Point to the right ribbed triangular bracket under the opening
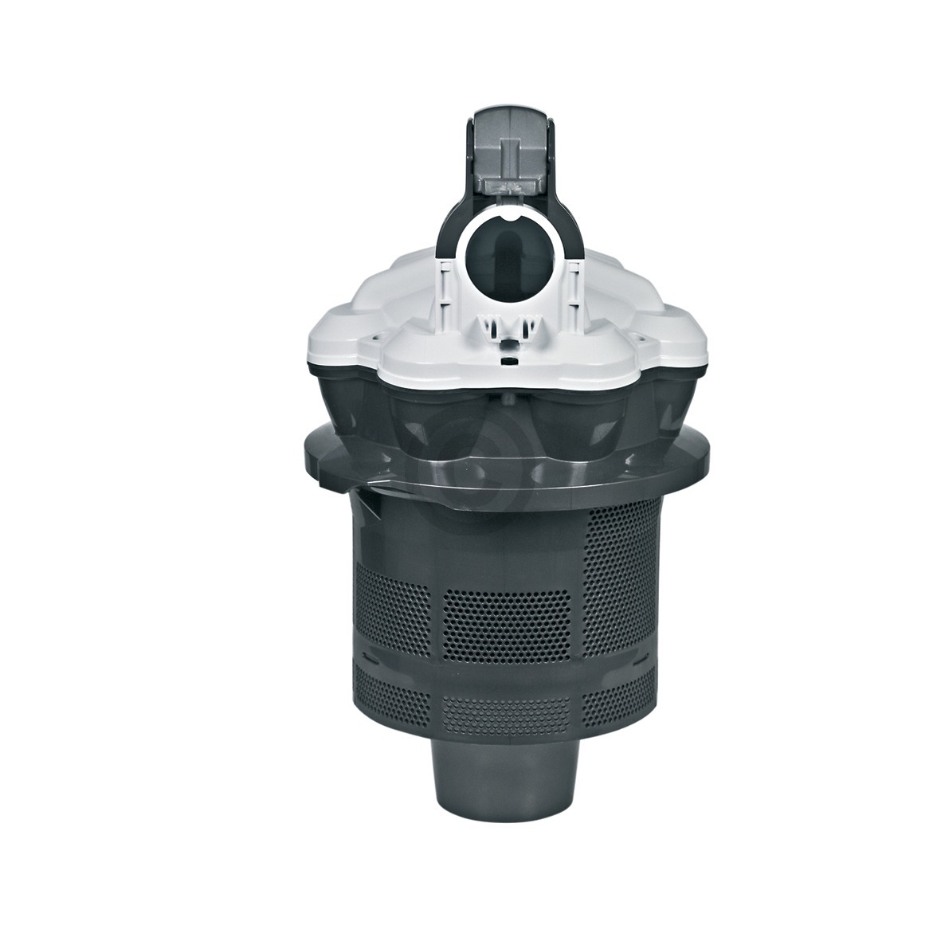(526, 324)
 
